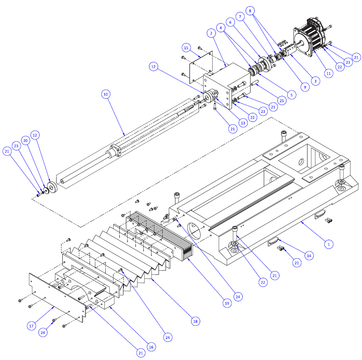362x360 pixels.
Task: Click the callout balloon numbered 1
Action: pos(329,244)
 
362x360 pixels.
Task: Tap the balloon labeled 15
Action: pos(186,48)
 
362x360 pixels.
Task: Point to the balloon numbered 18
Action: pos(195,321)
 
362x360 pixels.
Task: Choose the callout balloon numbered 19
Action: pos(227,303)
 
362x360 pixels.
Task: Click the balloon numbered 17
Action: pos(31,326)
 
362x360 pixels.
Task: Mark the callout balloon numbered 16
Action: pos(151,347)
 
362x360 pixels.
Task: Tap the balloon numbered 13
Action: pos(242,123)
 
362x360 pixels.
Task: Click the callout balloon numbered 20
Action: pos(26,141)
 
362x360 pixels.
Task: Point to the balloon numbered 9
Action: pos(305,87)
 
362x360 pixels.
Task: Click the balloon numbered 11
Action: pos(329,73)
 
